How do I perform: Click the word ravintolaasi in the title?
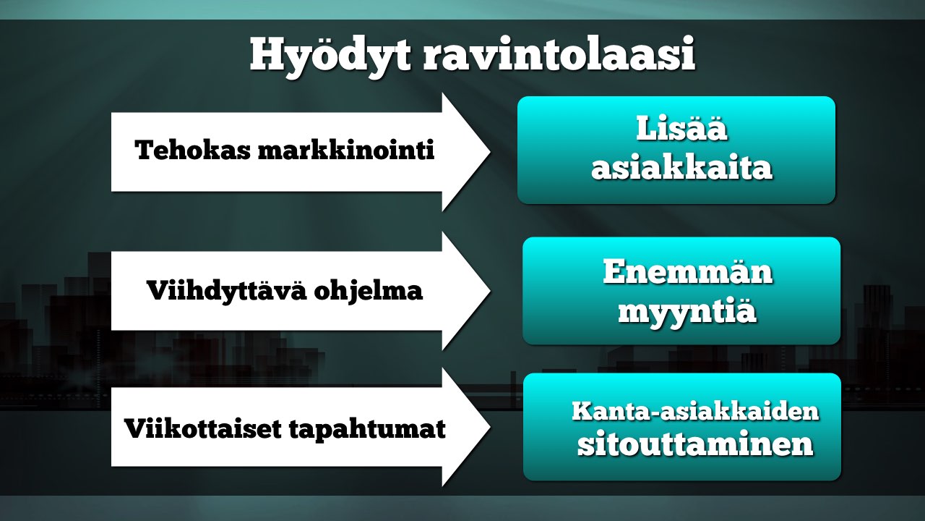(559, 54)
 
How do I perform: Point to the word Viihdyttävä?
(227, 291)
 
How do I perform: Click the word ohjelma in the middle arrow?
(369, 291)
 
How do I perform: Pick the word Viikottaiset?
(203, 428)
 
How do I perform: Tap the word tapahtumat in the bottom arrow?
(367, 430)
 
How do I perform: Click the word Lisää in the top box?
(681, 128)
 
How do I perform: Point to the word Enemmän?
(687, 271)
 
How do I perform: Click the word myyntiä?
(687, 312)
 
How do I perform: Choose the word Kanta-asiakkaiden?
(695, 411)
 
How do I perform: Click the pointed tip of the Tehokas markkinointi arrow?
(490, 152)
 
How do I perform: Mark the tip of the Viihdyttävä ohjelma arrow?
(490, 291)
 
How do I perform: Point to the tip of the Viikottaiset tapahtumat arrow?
(490, 427)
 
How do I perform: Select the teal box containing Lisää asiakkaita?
(676, 150)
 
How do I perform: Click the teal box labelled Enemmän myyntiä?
(681, 291)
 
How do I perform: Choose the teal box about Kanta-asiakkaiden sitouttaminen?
(681, 427)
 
